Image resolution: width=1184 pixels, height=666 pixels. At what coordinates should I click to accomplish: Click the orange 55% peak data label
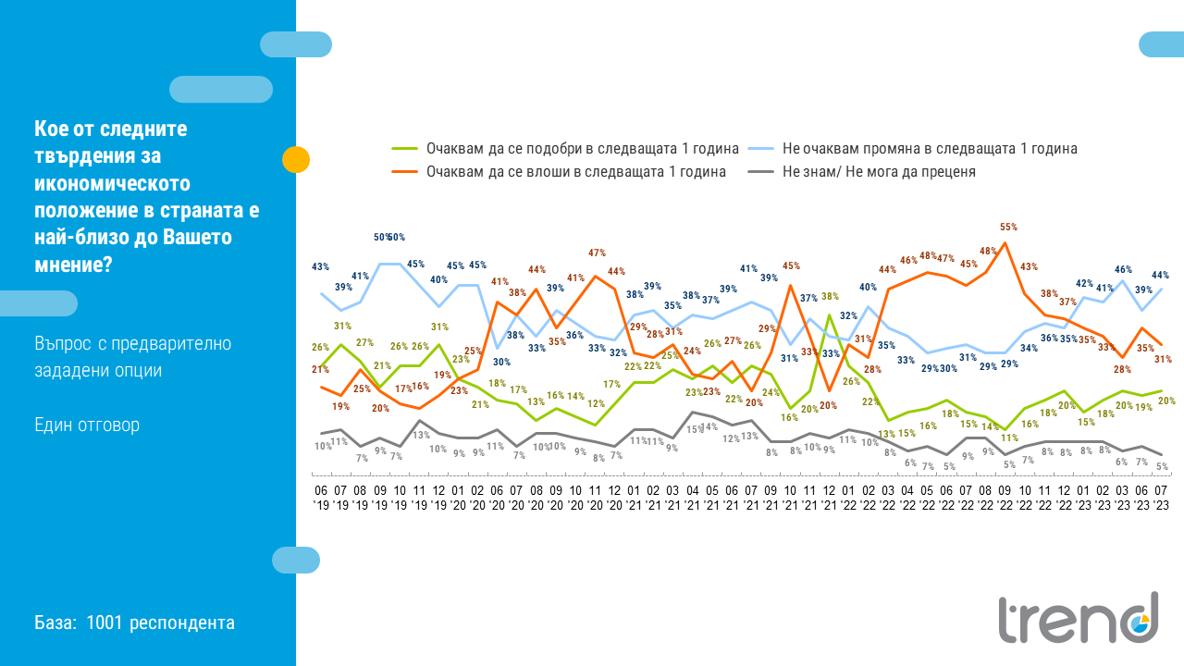click(1009, 227)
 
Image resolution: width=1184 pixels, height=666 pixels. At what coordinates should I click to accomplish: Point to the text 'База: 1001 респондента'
click(135, 623)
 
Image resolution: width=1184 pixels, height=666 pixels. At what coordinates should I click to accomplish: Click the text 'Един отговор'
click(87, 425)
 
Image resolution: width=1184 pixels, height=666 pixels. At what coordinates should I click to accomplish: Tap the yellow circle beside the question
click(296, 160)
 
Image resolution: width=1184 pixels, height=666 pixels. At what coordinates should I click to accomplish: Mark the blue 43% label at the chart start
click(321, 266)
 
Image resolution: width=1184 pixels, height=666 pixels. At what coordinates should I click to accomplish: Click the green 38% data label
click(830, 297)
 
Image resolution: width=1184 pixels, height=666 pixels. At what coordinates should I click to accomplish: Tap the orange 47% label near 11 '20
click(597, 253)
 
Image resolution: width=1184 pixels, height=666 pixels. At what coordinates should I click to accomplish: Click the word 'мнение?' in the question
click(75, 265)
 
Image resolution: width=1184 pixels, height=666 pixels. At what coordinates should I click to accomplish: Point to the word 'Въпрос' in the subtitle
click(60, 343)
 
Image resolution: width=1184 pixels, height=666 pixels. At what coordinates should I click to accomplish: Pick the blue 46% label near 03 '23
click(1123, 270)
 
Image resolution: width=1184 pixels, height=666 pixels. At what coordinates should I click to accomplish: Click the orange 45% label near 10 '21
click(791, 266)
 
